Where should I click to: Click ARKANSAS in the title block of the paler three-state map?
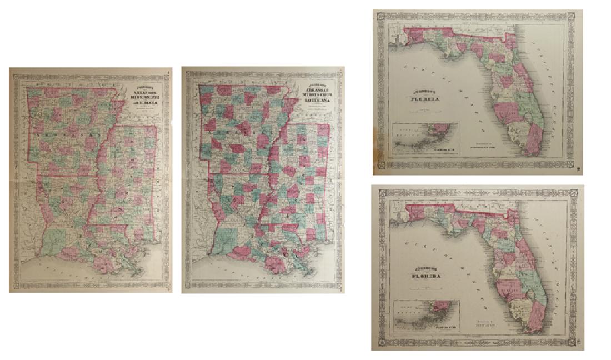[143, 91]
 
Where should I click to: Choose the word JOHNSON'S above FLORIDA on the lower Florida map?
[425, 269]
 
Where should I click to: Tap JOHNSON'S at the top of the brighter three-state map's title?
[317, 84]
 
